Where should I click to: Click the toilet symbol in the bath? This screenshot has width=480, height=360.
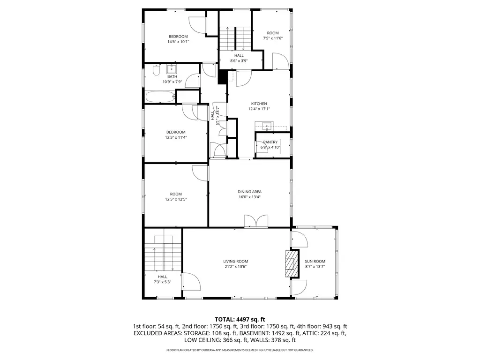156,70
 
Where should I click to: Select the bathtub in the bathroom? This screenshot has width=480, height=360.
160,97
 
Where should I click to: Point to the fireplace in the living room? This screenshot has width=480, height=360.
292,263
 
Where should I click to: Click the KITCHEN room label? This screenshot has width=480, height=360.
259,104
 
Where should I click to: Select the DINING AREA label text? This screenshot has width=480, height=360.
249,192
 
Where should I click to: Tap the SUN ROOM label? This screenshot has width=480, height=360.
315,261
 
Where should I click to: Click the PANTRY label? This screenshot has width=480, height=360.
270,142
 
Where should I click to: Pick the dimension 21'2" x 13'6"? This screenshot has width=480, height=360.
235,267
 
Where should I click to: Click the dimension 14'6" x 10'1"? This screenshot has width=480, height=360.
178,42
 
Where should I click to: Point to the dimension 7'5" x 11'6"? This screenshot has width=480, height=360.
273,38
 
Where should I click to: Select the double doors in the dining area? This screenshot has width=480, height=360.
256,221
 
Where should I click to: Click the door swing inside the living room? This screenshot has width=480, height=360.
192,282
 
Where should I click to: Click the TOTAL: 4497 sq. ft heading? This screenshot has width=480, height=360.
240,320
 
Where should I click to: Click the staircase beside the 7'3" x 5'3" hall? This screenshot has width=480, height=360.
163,253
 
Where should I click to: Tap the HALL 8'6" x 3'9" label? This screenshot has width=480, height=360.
239,58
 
